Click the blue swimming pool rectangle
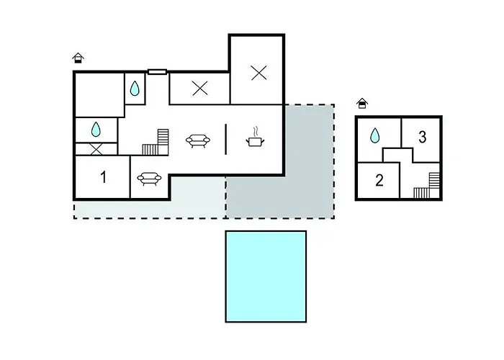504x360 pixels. pos(266,276)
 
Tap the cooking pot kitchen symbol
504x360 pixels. pos(255,138)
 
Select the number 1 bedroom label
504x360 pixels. pos(103,177)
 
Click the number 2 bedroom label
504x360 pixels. pos(379,180)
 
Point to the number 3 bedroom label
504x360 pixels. pos(423,137)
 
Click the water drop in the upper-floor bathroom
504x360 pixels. pos(374,135)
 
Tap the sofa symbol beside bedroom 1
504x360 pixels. pos(149,179)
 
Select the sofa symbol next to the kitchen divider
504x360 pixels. pos(198,141)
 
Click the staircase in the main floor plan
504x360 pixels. pos(156,143)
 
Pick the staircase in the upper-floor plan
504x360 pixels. pos(426,186)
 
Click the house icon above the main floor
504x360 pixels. pos(78,58)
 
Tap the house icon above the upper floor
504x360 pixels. pos(362,103)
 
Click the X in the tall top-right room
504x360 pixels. pos(258,73)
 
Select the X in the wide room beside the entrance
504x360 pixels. pos(200,88)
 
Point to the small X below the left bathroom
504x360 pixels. pos(96,149)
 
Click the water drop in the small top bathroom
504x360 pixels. pos(135,89)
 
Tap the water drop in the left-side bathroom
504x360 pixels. pos(96,129)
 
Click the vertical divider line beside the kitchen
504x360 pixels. pos(225,140)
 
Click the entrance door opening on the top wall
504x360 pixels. pos(157,72)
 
